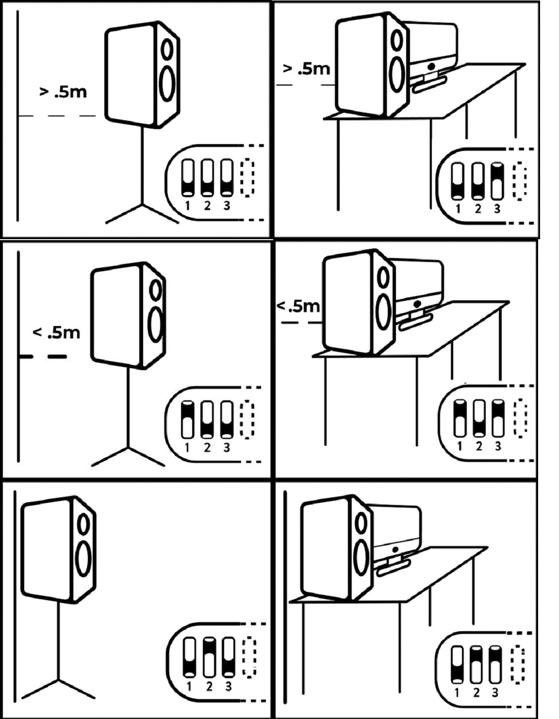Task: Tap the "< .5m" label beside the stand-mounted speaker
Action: [56, 332]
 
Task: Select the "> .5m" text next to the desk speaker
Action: [306, 69]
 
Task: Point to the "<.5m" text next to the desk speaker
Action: [298, 306]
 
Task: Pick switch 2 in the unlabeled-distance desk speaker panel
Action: [476, 664]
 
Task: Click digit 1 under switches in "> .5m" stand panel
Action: [188, 206]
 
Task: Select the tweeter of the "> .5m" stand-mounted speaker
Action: [167, 49]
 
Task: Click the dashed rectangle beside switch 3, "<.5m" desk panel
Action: [521, 418]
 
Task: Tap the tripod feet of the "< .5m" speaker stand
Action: [128, 457]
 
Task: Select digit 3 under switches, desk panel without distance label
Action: [494, 692]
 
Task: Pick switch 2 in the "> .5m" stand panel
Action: [207, 178]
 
